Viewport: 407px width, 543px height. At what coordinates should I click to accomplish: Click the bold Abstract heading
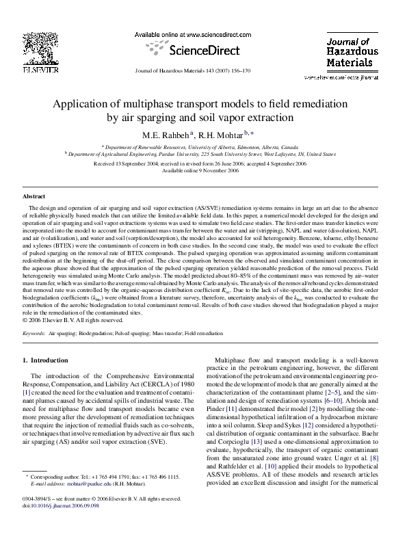35,196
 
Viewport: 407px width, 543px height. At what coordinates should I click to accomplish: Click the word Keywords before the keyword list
34,333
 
